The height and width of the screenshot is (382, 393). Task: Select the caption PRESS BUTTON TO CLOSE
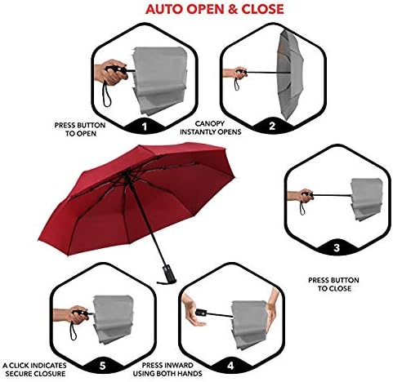329,284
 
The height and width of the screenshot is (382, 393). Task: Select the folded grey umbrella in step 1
159,78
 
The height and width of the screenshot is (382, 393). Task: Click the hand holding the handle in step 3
306,196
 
